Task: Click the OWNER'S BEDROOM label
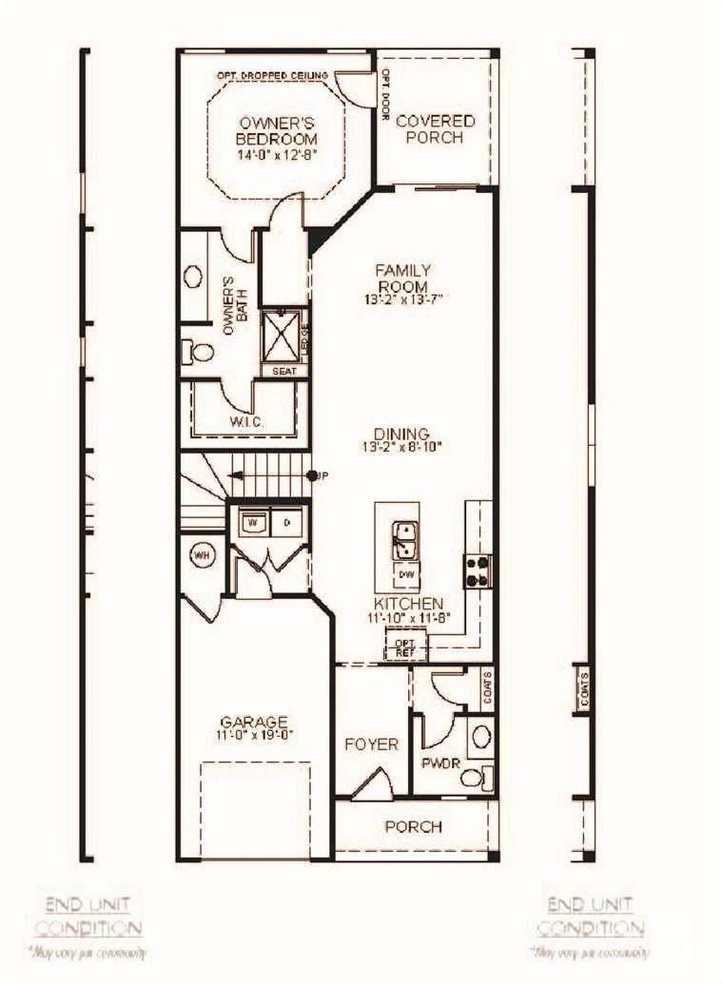pyautogui.click(x=277, y=131)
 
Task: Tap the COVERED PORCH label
pyautogui.click(x=435, y=128)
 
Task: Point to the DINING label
pyautogui.click(x=401, y=434)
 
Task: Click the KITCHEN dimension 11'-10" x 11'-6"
pyautogui.click(x=408, y=618)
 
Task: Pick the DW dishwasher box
pyautogui.click(x=405, y=574)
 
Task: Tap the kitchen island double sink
pyautogui.click(x=404, y=540)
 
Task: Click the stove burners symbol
pyautogui.click(x=478, y=570)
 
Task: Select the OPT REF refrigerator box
pyautogui.click(x=405, y=646)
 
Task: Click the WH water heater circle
pyautogui.click(x=202, y=554)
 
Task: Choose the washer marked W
pyautogui.click(x=254, y=522)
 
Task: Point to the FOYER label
pyautogui.click(x=372, y=744)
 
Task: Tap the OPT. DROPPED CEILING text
pyautogui.click(x=272, y=75)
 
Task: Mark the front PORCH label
pyautogui.click(x=413, y=826)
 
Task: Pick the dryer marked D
pyautogui.click(x=286, y=522)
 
